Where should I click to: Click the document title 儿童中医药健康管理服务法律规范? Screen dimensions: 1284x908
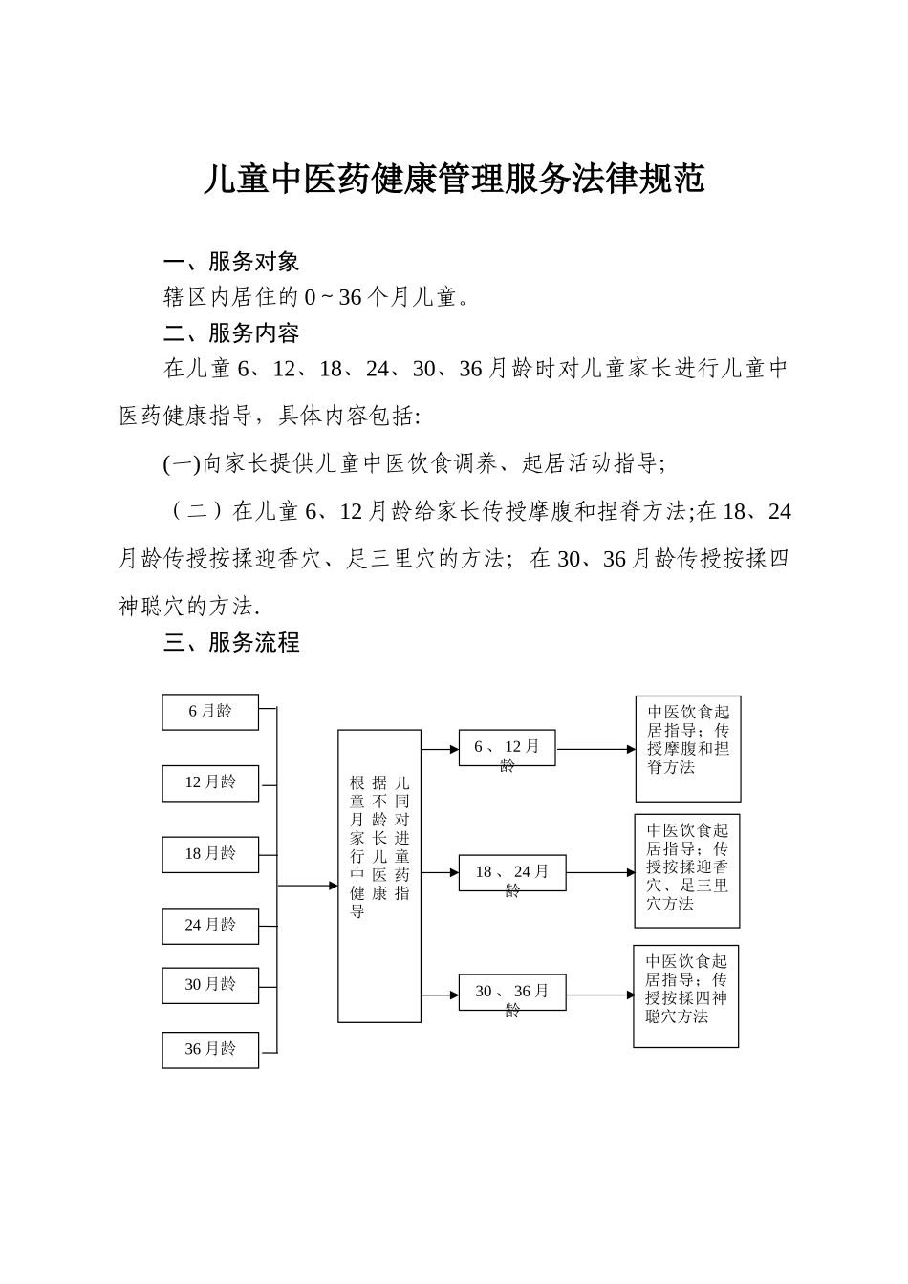coord(454,179)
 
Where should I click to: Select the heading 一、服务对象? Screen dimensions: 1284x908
coord(231,262)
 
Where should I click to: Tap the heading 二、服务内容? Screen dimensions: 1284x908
coord(231,333)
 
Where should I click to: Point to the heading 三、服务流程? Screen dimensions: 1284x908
coord(231,643)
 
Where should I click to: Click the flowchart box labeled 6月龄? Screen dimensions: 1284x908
coord(210,712)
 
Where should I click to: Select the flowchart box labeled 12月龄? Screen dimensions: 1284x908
coord(210,782)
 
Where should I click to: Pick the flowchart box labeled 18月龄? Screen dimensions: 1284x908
coord(210,854)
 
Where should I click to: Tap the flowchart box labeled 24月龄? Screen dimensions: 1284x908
coord(210,925)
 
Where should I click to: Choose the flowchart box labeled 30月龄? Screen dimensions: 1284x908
coord(210,985)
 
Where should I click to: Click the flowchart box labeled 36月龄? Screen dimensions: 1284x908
coord(210,1049)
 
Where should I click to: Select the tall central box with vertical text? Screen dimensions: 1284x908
coord(379,876)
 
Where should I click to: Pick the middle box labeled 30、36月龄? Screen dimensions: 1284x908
coord(512,993)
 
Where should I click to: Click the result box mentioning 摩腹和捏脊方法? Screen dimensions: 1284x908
coord(688,748)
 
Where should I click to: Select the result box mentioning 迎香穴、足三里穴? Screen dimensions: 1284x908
coord(687,870)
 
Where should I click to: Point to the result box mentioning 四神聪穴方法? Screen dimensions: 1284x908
coord(686,995)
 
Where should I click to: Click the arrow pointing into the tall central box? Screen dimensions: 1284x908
coord(308,886)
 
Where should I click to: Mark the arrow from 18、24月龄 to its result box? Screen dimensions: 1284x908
coord(600,872)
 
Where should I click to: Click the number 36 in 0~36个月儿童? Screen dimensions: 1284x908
coord(351,298)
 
